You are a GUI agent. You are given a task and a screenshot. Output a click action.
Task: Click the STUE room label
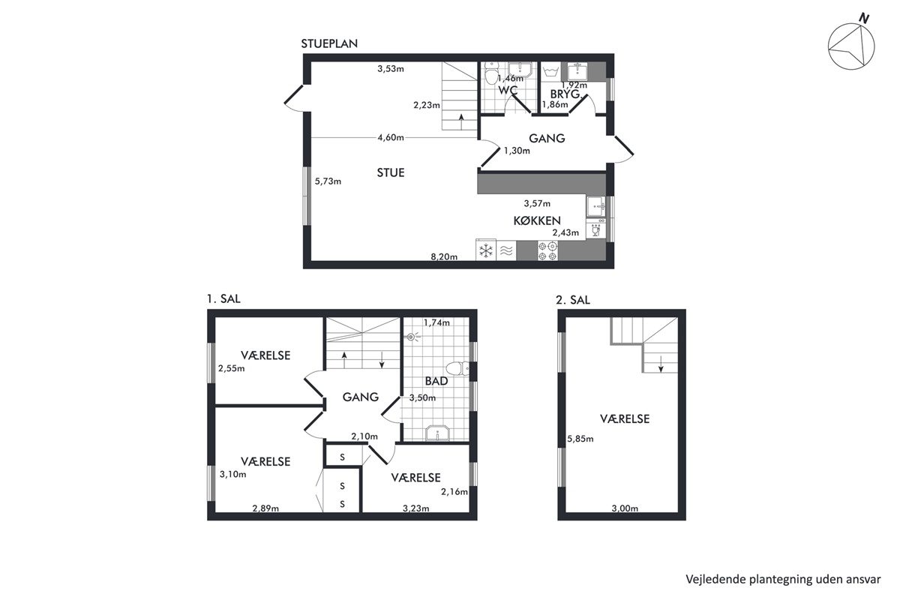[391, 172]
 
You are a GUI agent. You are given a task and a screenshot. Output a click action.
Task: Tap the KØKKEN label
[537, 220]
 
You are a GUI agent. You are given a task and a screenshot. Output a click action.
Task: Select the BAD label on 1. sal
[436, 381]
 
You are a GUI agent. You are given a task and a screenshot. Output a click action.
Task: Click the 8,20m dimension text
[444, 256]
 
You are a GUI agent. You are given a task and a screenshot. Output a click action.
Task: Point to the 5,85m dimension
[580, 439]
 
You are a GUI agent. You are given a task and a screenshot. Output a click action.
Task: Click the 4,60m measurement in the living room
[391, 138]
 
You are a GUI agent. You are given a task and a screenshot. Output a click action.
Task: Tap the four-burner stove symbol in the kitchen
[548, 250]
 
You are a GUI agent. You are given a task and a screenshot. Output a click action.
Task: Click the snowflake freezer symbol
[486, 251]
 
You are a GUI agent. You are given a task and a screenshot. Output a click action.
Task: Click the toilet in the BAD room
[457, 368]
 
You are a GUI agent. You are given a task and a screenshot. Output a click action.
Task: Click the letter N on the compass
[864, 19]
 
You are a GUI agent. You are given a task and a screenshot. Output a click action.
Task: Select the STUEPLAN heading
[329, 43]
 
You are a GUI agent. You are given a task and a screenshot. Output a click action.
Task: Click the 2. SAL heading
[573, 300]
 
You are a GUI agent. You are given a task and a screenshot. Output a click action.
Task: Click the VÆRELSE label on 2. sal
[625, 419]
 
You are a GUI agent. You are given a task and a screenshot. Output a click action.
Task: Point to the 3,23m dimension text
[415, 508]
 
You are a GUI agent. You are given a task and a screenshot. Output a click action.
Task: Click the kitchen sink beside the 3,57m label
[595, 206]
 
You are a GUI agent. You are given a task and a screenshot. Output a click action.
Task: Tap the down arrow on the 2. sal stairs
[661, 363]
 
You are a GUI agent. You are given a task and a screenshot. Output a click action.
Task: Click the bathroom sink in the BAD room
[437, 433]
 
